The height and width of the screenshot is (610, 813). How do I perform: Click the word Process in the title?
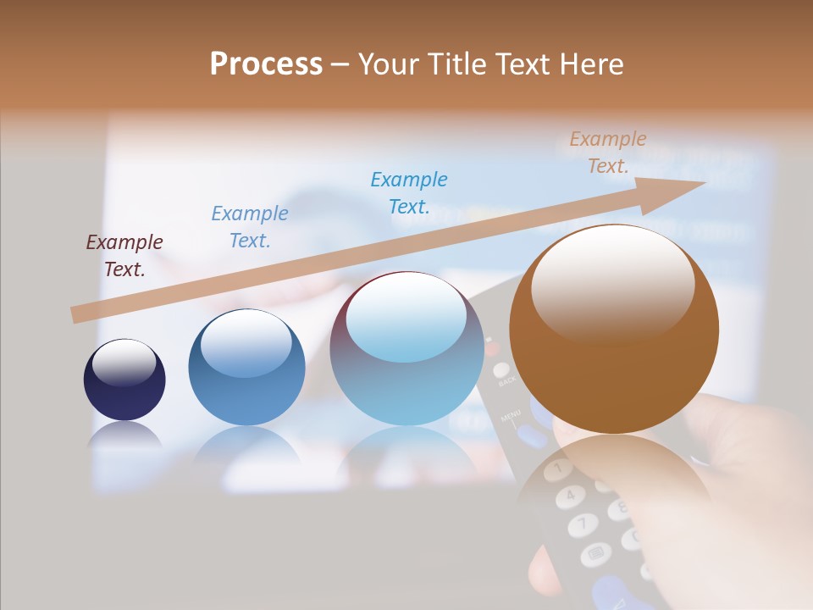click(x=266, y=64)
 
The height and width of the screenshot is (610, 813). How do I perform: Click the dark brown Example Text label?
click(x=124, y=256)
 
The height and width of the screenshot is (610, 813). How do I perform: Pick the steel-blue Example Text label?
click(x=250, y=227)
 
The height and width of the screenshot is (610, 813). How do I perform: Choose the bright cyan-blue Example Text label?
click(x=409, y=193)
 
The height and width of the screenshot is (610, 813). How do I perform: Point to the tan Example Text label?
click(x=608, y=152)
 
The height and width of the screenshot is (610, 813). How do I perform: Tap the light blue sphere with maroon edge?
click(x=406, y=349)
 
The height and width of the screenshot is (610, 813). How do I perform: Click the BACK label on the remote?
click(x=506, y=381)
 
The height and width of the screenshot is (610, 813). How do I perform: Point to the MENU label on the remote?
click(x=511, y=417)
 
